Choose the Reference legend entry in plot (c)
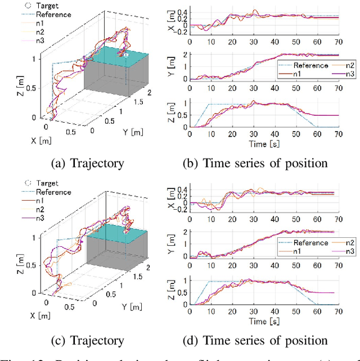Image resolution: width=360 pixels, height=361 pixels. pyautogui.click(x=53, y=192)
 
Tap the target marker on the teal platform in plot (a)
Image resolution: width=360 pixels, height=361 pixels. pyautogui.click(x=126, y=56)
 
